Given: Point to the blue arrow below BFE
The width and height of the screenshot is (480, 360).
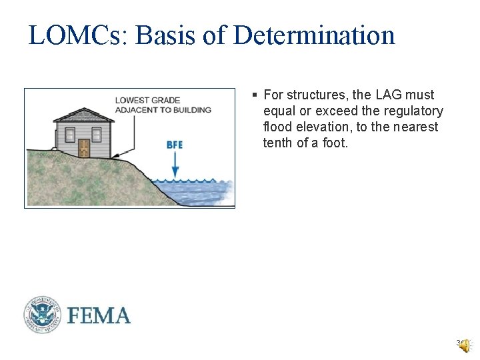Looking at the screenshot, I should [x=175, y=163].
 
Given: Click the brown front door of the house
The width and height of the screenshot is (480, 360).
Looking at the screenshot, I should [x=84, y=147].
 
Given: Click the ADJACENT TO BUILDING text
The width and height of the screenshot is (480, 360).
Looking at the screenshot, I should [x=163, y=110].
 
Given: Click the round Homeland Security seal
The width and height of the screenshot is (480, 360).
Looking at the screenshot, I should [x=43, y=315].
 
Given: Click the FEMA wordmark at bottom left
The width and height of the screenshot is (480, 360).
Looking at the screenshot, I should [x=99, y=315].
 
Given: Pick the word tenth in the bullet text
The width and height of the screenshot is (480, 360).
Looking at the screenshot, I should [x=278, y=143].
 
